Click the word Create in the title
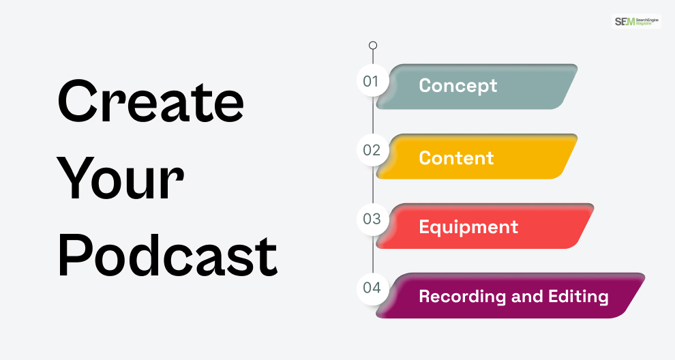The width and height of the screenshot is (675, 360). point(151,101)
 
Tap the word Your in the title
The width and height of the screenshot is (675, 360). point(121,179)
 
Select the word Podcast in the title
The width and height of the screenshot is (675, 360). point(168,255)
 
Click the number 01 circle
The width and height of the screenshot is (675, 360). point(373,80)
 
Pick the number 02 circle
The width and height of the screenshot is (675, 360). point(373,150)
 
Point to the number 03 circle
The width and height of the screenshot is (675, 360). point(373,219)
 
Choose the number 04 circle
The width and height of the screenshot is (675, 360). point(373,288)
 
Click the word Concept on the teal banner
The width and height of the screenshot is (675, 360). point(458,86)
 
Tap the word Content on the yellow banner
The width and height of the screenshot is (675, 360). point(456,158)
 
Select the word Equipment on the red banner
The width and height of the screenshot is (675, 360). point(468,228)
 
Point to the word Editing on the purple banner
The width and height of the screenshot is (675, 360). point(578,297)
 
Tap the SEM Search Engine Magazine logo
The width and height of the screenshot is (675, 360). point(636,21)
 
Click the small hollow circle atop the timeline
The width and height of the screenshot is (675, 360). point(373,45)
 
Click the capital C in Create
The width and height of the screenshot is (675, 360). point(76,101)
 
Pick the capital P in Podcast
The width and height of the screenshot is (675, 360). point(74,255)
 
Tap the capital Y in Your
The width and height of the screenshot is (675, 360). point(76,177)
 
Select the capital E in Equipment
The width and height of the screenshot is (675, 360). point(425,226)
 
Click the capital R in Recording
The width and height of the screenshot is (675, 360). point(425,297)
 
